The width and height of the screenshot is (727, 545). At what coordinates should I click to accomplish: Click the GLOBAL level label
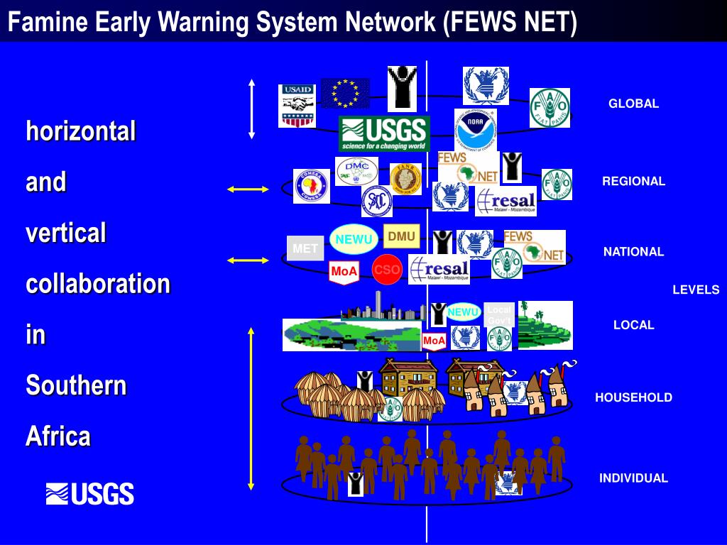click(x=633, y=104)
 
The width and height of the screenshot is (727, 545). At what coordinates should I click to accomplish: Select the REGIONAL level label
click(x=633, y=181)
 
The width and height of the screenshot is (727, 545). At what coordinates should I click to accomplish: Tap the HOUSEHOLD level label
click(x=633, y=397)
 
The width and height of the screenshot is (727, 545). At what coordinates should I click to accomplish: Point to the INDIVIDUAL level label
click(x=633, y=478)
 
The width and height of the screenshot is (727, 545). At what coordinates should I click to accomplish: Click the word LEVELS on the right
click(x=696, y=290)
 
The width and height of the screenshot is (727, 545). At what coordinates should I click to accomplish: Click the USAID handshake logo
click(x=297, y=106)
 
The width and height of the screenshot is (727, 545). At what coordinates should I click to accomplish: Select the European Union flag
click(x=345, y=93)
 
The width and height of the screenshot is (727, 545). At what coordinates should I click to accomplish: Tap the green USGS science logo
click(x=384, y=133)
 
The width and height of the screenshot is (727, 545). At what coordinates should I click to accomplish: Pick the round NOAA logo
click(x=475, y=130)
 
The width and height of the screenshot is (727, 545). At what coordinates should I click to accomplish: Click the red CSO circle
click(x=387, y=270)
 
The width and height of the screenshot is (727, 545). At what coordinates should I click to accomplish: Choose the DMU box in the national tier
click(x=402, y=236)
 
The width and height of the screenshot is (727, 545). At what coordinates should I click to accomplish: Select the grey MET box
click(x=305, y=248)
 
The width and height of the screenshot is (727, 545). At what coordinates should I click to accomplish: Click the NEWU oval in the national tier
click(x=354, y=239)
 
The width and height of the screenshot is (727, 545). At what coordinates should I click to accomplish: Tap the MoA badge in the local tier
click(x=434, y=341)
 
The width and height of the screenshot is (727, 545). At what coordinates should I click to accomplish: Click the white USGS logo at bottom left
click(x=90, y=493)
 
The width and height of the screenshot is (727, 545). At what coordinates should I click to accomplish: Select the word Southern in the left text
click(x=76, y=385)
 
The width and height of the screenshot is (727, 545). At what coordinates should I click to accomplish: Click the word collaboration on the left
click(x=98, y=283)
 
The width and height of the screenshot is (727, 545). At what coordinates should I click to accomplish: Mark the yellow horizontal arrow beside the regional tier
click(x=248, y=189)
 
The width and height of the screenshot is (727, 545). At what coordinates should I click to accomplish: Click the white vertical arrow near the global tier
click(x=251, y=109)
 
